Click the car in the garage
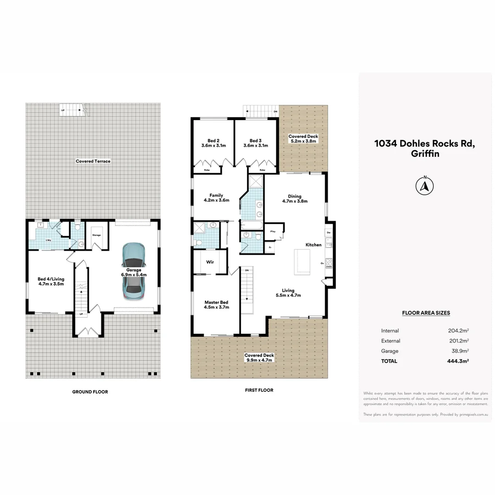pyautogui.click(x=133, y=272)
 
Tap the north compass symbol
pyautogui.click(x=424, y=186)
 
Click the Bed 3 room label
pyautogui.click(x=256, y=141)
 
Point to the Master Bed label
pyautogui.click(x=216, y=302)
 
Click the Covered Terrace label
pyautogui.click(x=93, y=161)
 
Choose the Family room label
pyautogui.click(x=216, y=195)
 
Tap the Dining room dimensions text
pyautogui.click(x=295, y=201)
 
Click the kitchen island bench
pyautogui.click(x=302, y=262)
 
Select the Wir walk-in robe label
pyautogui.click(x=210, y=263)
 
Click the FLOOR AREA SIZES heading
pyautogui.click(x=426, y=313)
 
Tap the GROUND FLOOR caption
pyautogui.click(x=90, y=392)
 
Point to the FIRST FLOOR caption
pyautogui.click(x=259, y=390)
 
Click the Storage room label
pyautogui.click(x=96, y=235)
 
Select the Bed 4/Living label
pyautogui.click(x=51, y=279)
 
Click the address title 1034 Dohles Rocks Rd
pyautogui.click(x=424, y=143)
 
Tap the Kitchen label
pyautogui.click(x=314, y=245)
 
